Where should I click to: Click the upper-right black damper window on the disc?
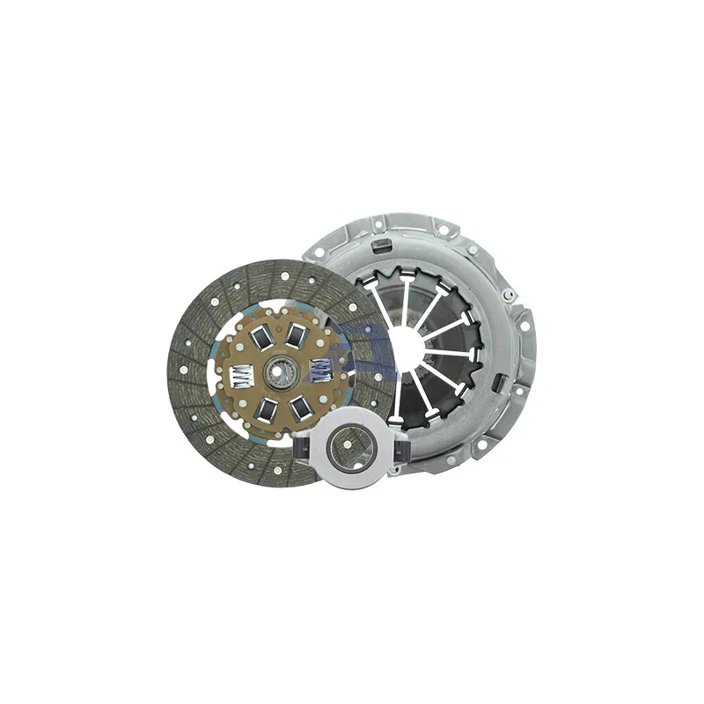pyautogui.click(x=298, y=334)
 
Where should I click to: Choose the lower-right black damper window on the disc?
pyautogui.click(x=302, y=406)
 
